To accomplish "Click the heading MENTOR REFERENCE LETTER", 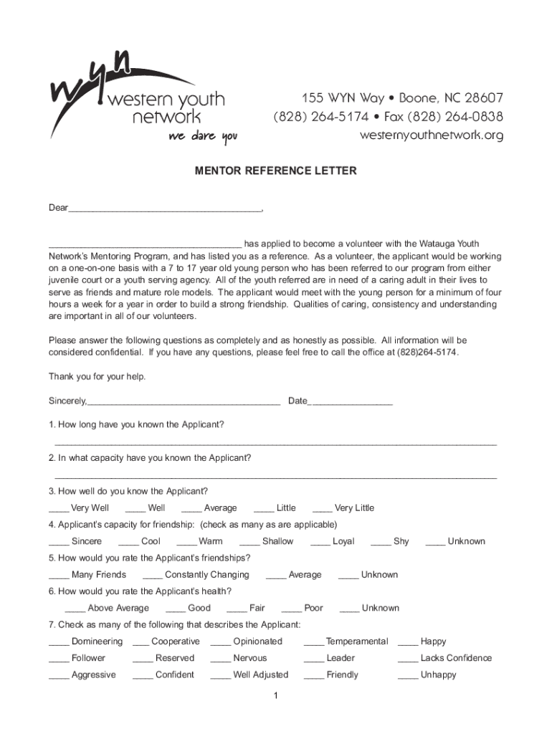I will click(x=276, y=171).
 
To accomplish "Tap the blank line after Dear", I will click(x=166, y=210).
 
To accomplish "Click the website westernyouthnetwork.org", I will click(x=432, y=135).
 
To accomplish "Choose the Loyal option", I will click(x=343, y=542).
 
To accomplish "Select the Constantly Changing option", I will click(x=206, y=575).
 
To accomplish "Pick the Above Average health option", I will click(x=118, y=609).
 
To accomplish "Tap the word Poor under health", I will click(x=313, y=609).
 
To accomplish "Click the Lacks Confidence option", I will click(x=456, y=658).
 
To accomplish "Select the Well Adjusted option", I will click(x=260, y=675).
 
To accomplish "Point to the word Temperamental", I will click(x=356, y=642).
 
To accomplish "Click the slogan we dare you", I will click(x=202, y=136).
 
